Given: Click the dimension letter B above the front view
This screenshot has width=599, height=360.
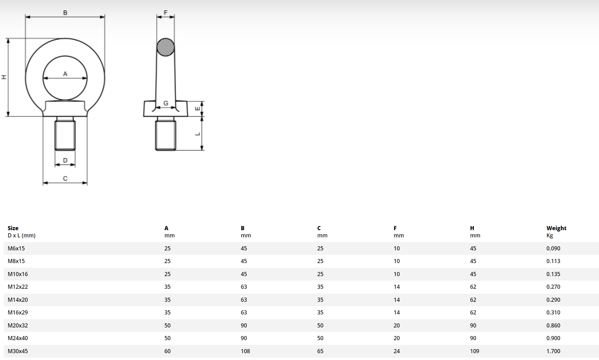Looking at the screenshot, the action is pos(65,13).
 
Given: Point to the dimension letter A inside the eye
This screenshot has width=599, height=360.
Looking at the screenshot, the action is pos(65,74).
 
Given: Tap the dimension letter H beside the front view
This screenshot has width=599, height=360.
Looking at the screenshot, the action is pos(4,77).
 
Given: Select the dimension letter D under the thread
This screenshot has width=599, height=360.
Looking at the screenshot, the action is pos(65,160).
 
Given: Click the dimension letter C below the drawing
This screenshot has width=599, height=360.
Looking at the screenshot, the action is pos(65,178).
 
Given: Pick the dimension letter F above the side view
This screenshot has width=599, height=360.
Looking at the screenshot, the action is pos(166,13).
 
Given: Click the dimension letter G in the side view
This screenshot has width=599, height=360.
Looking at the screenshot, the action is pos(166,103).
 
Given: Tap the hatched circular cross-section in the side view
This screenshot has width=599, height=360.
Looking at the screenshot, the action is pos(166,47).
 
